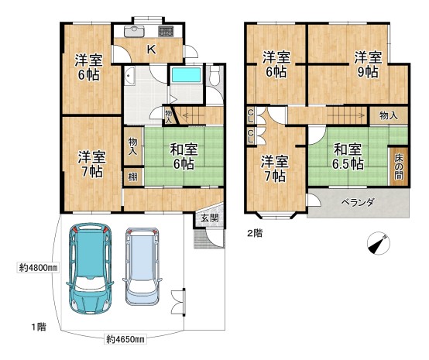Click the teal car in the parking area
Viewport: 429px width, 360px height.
pos(90,269)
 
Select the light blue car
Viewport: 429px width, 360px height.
pos(142,267)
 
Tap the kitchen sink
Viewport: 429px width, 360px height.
pos(134,31)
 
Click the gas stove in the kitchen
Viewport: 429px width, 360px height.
pos(166,31)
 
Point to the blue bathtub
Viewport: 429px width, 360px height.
pos(186,74)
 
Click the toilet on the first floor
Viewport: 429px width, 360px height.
pos(214,74)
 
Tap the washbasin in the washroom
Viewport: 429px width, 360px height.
pos(129,76)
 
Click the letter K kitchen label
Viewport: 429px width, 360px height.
pos(151,50)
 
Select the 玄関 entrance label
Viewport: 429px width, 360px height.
pos(210,218)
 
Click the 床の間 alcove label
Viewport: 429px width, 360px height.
pos(399,167)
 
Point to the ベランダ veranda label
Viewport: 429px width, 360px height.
pos(357,202)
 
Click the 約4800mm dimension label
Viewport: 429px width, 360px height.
pos(38,268)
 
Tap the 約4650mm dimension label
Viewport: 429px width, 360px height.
pos(125,339)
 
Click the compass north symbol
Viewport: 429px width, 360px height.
pos(379,243)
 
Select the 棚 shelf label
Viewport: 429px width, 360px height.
pos(132,177)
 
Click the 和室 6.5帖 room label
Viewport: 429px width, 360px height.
pos(348,156)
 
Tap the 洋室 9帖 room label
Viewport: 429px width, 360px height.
pos(368,65)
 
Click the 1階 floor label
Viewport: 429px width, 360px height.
pos(39,327)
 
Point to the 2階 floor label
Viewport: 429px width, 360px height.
pos(255,233)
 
